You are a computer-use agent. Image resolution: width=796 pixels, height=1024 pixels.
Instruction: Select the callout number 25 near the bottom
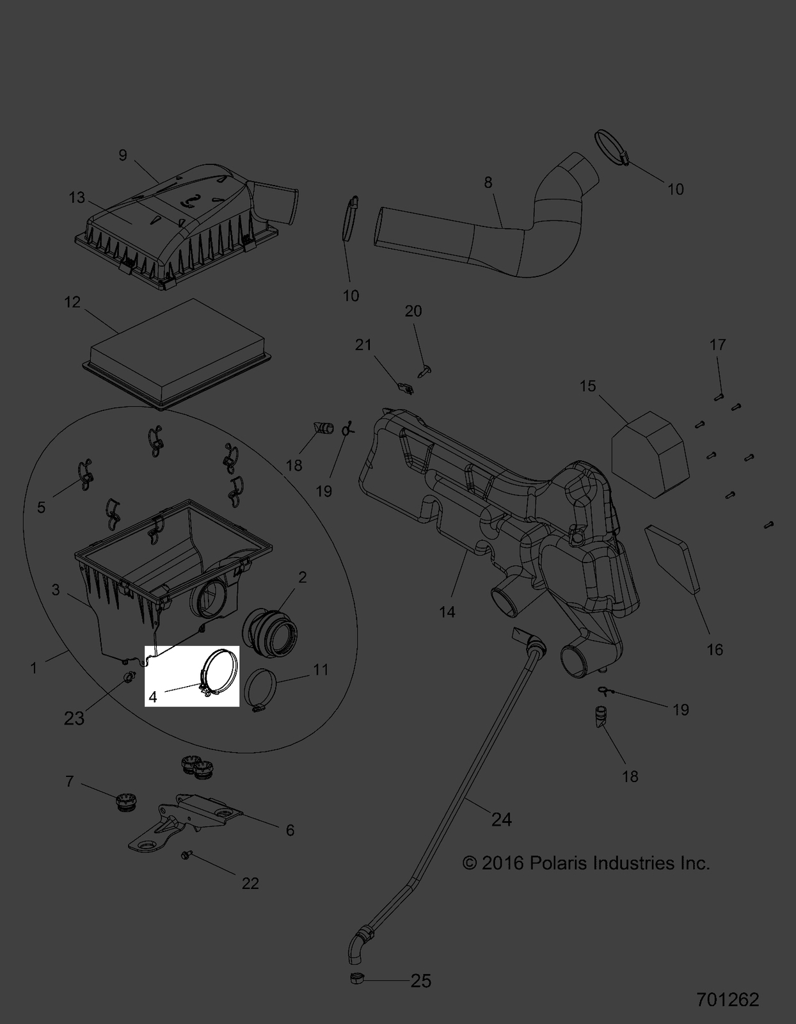420,980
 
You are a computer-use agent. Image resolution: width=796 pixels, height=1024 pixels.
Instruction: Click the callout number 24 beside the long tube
501,819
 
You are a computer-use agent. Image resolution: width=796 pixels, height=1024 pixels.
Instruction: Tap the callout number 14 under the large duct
447,612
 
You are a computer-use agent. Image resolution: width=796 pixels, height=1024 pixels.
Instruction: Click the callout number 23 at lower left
74,718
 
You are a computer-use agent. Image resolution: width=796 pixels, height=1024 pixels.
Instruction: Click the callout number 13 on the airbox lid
77,198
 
